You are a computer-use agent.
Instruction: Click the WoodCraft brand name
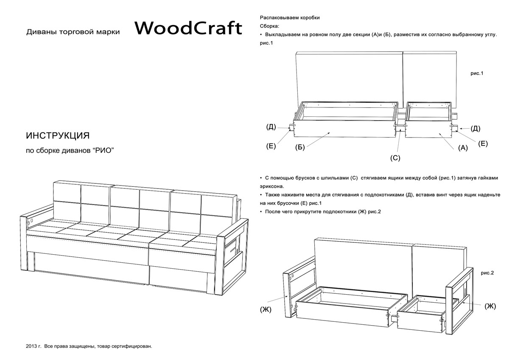188,28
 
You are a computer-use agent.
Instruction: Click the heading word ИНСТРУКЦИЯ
58,135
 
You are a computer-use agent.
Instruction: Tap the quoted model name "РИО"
103,150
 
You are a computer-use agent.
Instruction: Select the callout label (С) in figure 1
395,158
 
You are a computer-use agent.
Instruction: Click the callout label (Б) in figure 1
300,147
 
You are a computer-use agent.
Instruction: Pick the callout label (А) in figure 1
463,148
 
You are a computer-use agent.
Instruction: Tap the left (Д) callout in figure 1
271,127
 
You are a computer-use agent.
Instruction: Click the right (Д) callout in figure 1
475,129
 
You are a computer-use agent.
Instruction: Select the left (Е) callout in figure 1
271,146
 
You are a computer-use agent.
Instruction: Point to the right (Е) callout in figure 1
483,143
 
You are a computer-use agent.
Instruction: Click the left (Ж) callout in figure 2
266,309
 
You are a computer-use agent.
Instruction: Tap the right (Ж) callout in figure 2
490,306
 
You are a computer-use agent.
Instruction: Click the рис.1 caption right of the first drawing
477,73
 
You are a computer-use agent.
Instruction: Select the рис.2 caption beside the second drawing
487,273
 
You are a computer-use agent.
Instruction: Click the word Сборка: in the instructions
269,26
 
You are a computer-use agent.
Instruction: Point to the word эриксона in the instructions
272,186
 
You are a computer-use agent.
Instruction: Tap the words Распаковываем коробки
290,18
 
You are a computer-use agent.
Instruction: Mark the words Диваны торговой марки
73,32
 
